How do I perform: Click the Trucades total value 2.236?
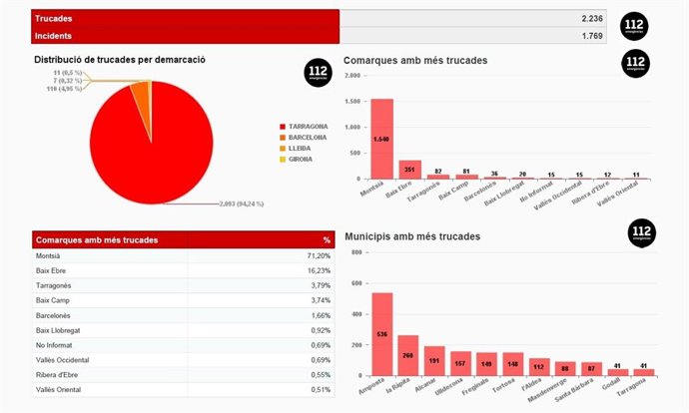click(x=592, y=19)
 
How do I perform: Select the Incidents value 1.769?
click(x=592, y=37)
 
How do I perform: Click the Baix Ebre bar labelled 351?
click(x=409, y=168)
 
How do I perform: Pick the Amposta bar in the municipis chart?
click(x=381, y=334)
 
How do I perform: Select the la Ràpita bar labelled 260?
click(x=407, y=354)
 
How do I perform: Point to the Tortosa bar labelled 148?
click(x=512, y=364)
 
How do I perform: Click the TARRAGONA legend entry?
click(x=308, y=127)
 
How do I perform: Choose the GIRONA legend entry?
click(x=300, y=159)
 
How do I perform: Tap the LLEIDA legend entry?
click(x=299, y=148)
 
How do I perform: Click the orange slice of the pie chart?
click(x=142, y=98)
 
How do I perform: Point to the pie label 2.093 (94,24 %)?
click(x=241, y=204)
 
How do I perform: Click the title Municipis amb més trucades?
click(x=412, y=236)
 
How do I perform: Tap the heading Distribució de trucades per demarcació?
click(x=120, y=60)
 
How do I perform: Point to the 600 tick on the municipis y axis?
click(x=356, y=282)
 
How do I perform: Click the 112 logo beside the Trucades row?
click(x=634, y=25)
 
